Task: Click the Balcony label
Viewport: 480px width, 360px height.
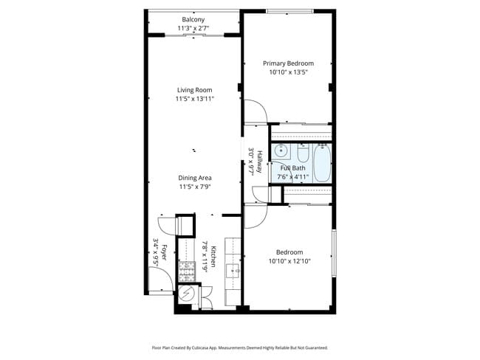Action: click(193, 20)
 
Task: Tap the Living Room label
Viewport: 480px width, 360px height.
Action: click(194, 90)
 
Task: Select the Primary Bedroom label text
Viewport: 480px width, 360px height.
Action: click(289, 63)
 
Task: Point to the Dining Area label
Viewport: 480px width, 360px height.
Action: click(195, 178)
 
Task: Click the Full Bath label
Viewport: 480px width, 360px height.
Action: click(292, 168)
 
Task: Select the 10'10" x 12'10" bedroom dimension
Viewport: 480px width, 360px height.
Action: click(289, 260)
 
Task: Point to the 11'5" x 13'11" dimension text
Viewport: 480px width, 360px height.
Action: click(194, 99)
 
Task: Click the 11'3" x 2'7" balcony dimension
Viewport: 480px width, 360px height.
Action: click(193, 28)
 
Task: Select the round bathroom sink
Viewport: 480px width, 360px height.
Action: click(281, 151)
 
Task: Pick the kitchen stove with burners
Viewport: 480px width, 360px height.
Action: click(188, 269)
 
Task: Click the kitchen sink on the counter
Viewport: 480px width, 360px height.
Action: click(233, 270)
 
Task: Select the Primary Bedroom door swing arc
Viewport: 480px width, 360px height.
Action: click(255, 113)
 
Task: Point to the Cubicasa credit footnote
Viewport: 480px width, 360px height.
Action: click(239, 347)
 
